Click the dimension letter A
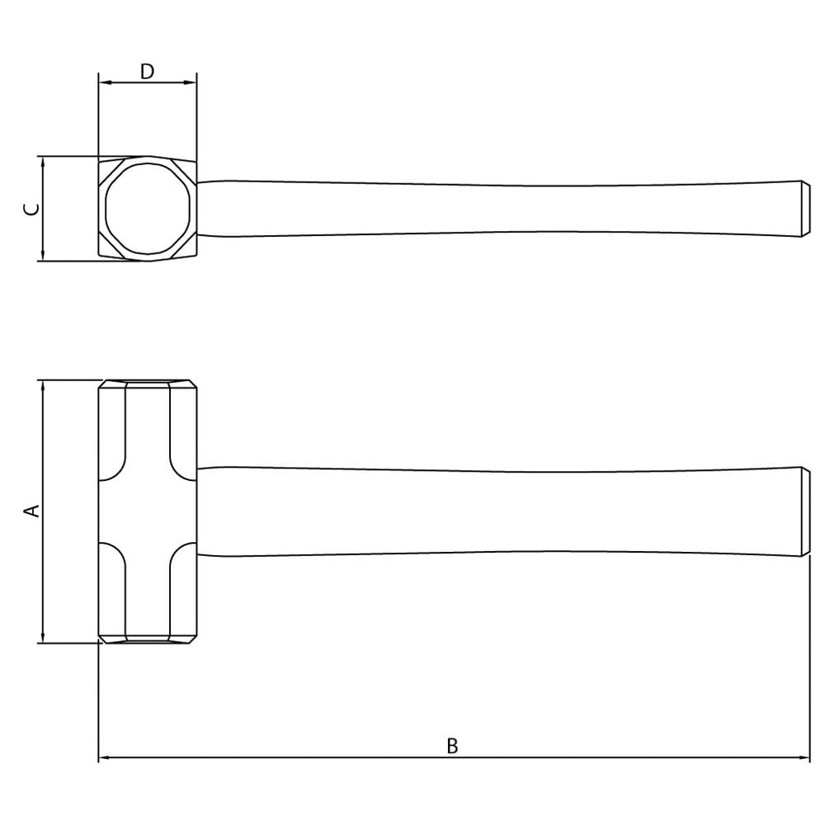pyautogui.click(x=33, y=511)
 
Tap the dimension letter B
pyautogui.click(x=452, y=746)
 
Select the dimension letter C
pyautogui.click(x=31, y=209)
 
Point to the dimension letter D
pyautogui.click(x=148, y=71)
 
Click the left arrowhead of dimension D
pyautogui.click(x=104, y=82)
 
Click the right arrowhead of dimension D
pyautogui.click(x=191, y=82)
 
